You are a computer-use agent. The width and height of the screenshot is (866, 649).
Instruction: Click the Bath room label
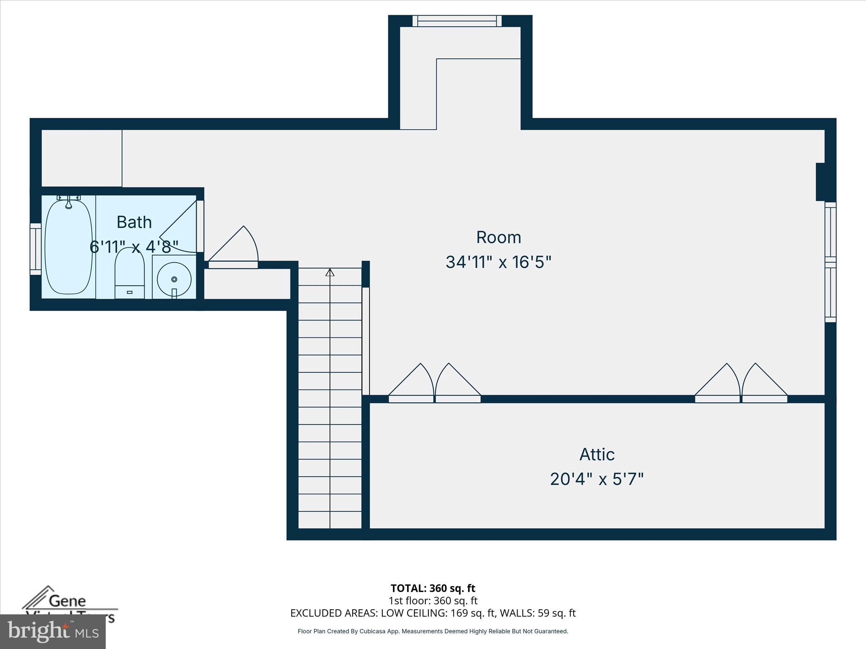[134, 222]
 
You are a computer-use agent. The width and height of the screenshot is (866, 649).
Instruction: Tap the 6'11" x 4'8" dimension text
[134, 247]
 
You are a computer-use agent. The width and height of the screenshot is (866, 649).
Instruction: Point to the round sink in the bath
[174, 279]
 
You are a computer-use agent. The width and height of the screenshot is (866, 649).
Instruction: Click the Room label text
[499, 237]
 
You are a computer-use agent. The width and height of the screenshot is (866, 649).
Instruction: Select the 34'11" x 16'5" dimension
[499, 262]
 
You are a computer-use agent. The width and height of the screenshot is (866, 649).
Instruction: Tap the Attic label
[597, 455]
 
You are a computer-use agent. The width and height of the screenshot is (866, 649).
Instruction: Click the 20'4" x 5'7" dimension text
[597, 480]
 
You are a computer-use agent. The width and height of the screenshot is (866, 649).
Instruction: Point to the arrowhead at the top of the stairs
[330, 273]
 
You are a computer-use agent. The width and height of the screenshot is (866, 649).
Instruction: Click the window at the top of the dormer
[457, 21]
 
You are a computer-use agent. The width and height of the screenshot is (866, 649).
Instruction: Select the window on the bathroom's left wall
[36, 249]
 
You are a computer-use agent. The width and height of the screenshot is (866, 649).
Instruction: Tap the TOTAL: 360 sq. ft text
[433, 588]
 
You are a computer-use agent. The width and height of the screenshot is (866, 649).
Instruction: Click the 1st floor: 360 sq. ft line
[433, 600]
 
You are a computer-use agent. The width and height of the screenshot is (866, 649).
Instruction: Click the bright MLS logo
[53, 631]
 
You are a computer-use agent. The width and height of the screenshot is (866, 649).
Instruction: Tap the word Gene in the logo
[68, 601]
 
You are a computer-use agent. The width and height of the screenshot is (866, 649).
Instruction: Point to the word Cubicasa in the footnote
[373, 631]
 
